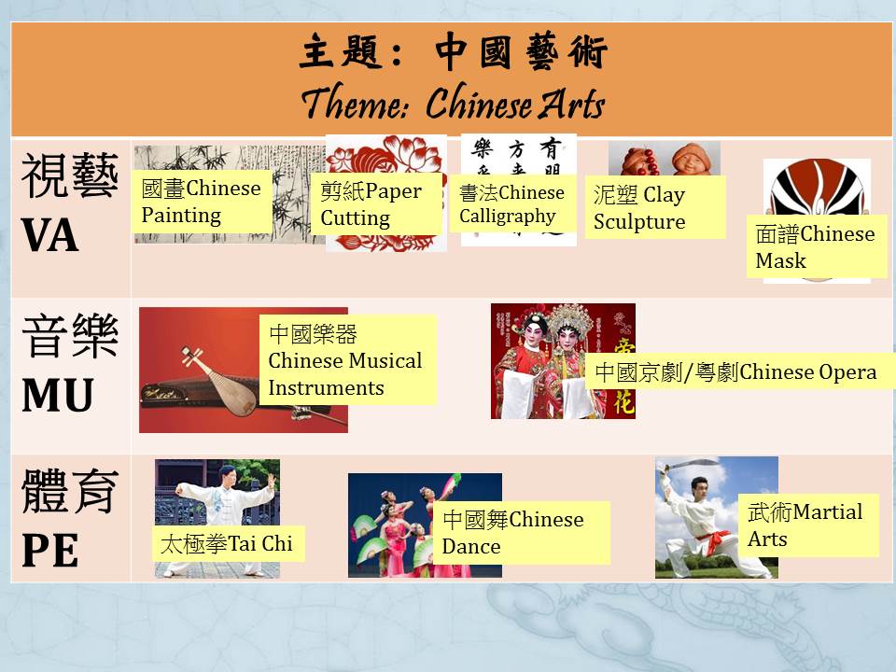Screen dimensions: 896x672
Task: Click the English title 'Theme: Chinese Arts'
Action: (x=453, y=103)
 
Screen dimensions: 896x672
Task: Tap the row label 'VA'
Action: (x=49, y=235)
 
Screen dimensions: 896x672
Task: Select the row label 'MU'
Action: (x=57, y=395)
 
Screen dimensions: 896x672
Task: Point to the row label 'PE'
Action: (x=49, y=551)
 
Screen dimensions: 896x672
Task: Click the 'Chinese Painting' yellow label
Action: (x=202, y=202)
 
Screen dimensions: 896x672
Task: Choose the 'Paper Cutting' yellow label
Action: (x=376, y=204)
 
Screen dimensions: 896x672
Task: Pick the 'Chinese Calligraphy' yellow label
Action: (x=512, y=204)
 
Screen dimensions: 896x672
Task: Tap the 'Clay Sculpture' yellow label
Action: (x=655, y=207)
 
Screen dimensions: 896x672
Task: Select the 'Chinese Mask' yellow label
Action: (x=817, y=246)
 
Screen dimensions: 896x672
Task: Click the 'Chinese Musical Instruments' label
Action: (x=347, y=360)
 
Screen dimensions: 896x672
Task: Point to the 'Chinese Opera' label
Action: (x=740, y=371)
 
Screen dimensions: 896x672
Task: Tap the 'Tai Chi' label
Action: (x=229, y=543)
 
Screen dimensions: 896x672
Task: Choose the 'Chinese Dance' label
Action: (x=522, y=533)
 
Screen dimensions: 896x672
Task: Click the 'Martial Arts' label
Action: (x=808, y=525)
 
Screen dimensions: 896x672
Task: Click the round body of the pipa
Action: (x=233, y=393)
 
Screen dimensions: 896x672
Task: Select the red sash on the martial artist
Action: (x=712, y=541)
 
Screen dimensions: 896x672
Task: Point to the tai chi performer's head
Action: (x=227, y=473)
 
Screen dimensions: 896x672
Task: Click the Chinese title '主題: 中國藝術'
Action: (x=453, y=51)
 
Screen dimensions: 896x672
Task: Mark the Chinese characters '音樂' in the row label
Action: (x=70, y=336)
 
